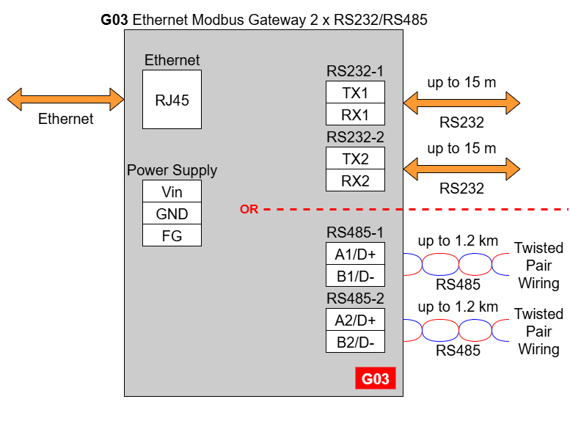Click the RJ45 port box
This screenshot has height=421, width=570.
coord(172,99)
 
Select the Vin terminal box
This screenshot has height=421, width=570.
coord(172,191)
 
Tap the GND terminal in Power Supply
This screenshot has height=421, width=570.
coord(172,213)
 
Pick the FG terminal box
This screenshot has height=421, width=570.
coord(172,235)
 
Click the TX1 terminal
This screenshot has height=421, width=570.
coord(355,92)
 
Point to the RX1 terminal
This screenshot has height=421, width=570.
coord(355,114)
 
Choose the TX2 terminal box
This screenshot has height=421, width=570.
coord(355,158)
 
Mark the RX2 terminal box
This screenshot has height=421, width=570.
coord(355,180)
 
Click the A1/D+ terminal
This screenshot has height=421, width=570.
coord(355,253)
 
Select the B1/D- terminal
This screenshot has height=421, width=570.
coord(355,276)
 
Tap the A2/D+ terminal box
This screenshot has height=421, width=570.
coord(355,320)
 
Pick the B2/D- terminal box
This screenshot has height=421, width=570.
coord(355,342)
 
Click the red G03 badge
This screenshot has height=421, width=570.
coord(376,378)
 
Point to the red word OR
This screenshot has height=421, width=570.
coord(249,210)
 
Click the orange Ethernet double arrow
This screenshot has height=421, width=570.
coord(66,99)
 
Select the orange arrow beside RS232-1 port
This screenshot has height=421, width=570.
coord(461,103)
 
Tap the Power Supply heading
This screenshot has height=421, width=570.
coord(172,170)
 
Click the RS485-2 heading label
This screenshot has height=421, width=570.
coord(355,299)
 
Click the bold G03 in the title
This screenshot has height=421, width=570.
coord(114,20)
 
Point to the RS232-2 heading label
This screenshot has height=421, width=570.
coord(355,137)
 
